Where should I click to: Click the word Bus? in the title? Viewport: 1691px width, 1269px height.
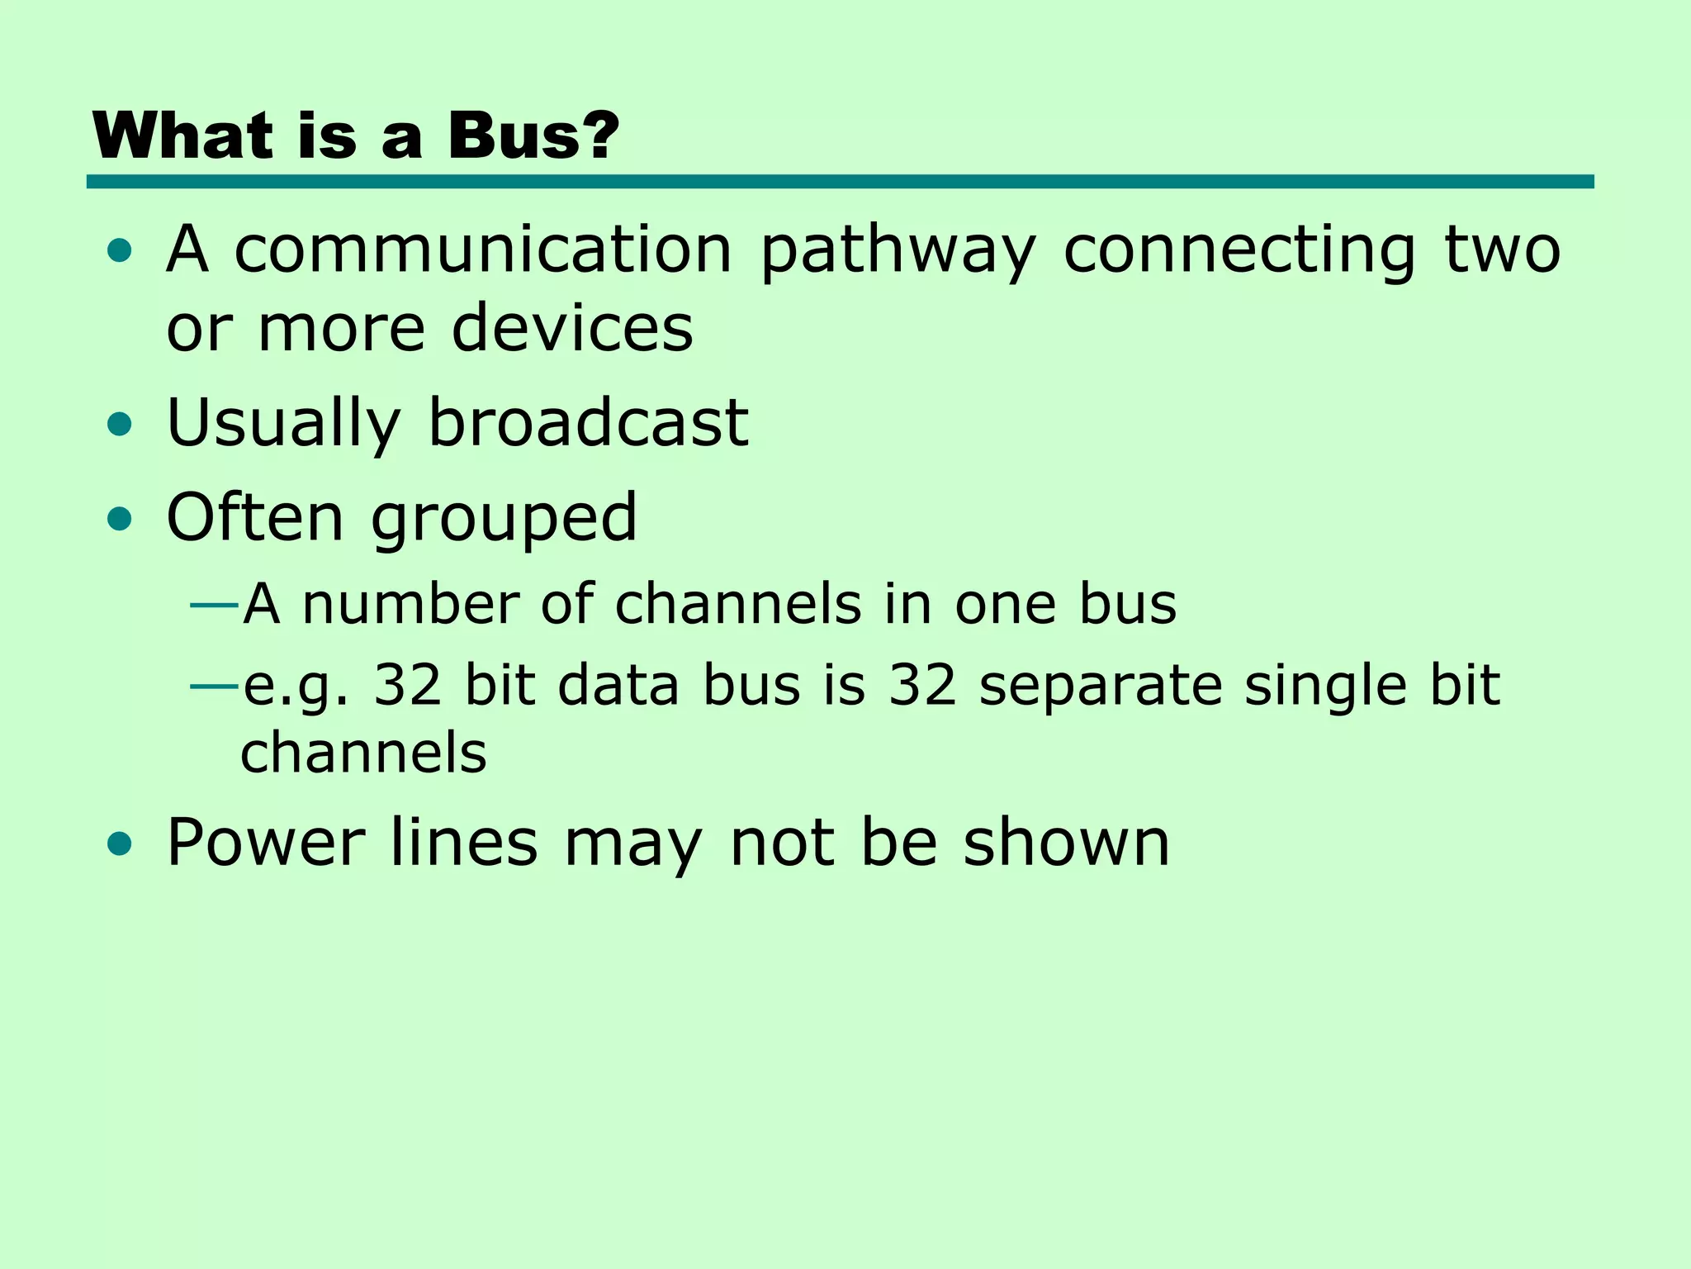[x=533, y=135]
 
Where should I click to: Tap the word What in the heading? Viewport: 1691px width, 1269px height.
[x=182, y=135]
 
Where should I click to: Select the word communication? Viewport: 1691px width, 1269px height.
[x=483, y=250]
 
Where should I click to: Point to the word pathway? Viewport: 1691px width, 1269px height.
[x=898, y=251]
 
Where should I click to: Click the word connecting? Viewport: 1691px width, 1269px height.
[x=1239, y=251]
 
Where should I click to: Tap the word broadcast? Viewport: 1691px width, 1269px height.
[x=588, y=423]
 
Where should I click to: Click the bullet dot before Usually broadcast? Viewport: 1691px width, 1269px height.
[x=120, y=425]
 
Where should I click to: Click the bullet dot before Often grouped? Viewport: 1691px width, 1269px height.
[x=120, y=519]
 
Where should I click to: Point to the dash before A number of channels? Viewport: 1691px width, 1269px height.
[x=214, y=606]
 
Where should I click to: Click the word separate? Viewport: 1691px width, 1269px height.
[x=1100, y=686]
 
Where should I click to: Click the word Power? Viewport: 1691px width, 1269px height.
[x=265, y=843]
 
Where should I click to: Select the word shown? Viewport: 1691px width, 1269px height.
[x=1066, y=843]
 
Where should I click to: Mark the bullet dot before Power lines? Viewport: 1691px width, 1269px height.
[x=120, y=844]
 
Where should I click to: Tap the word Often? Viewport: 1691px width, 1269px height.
[x=254, y=517]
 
